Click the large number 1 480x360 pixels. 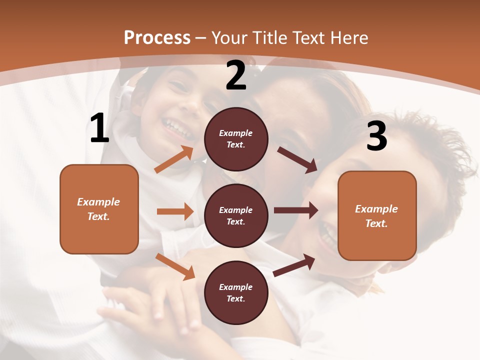click(99, 128)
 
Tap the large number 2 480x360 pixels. click(236, 76)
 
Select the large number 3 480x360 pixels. click(376, 136)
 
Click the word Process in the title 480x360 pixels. click(157, 37)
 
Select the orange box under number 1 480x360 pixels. click(99, 209)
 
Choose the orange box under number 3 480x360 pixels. click(377, 215)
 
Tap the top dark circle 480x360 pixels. click(236, 139)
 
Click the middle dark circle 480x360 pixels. click(236, 215)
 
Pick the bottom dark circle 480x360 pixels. click(236, 292)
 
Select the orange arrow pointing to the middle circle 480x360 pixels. click(175, 211)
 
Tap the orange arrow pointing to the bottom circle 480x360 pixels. click(175, 266)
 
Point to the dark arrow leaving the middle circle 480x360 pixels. click(296, 210)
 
